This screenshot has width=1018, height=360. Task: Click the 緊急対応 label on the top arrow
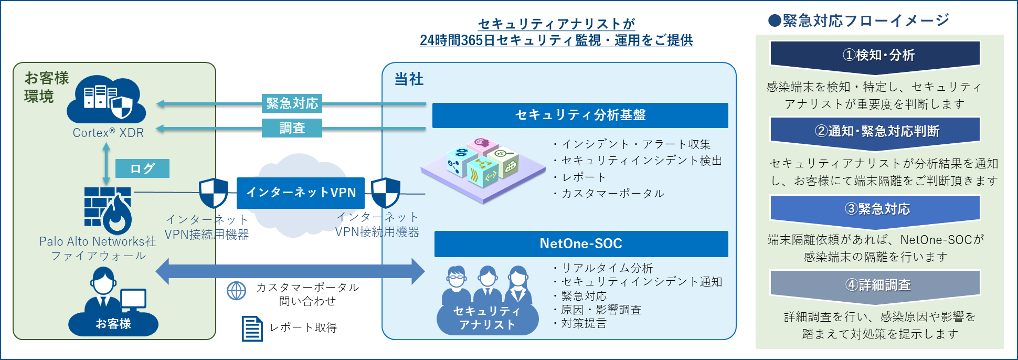pos(292,103)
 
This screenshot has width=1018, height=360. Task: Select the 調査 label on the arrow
pos(292,128)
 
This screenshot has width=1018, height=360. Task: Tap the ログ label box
pos(142,168)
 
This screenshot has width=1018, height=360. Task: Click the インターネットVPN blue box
pos(301,193)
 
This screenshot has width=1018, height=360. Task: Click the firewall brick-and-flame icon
pos(108,210)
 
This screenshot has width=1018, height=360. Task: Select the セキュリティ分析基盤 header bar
pos(580,115)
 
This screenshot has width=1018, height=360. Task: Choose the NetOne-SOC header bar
pos(581,244)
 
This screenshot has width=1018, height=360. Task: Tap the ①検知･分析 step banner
pos(875,55)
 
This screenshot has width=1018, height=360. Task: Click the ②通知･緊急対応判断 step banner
pos(875,131)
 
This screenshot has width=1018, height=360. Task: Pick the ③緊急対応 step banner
pos(875,209)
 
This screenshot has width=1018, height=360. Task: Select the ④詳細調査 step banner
pos(875,285)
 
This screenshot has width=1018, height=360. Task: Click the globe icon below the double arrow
pos(236,291)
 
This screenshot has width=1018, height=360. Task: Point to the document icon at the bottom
pos(252,329)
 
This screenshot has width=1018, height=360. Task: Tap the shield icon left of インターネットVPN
pos(213,193)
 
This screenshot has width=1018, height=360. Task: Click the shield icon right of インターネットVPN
pos(386,193)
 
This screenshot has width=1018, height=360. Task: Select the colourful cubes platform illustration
pos(483,168)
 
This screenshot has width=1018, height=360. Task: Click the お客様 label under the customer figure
pos(113,324)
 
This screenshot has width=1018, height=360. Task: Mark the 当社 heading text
pos(409,79)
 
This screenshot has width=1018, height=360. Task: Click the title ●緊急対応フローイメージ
pos(858,20)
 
